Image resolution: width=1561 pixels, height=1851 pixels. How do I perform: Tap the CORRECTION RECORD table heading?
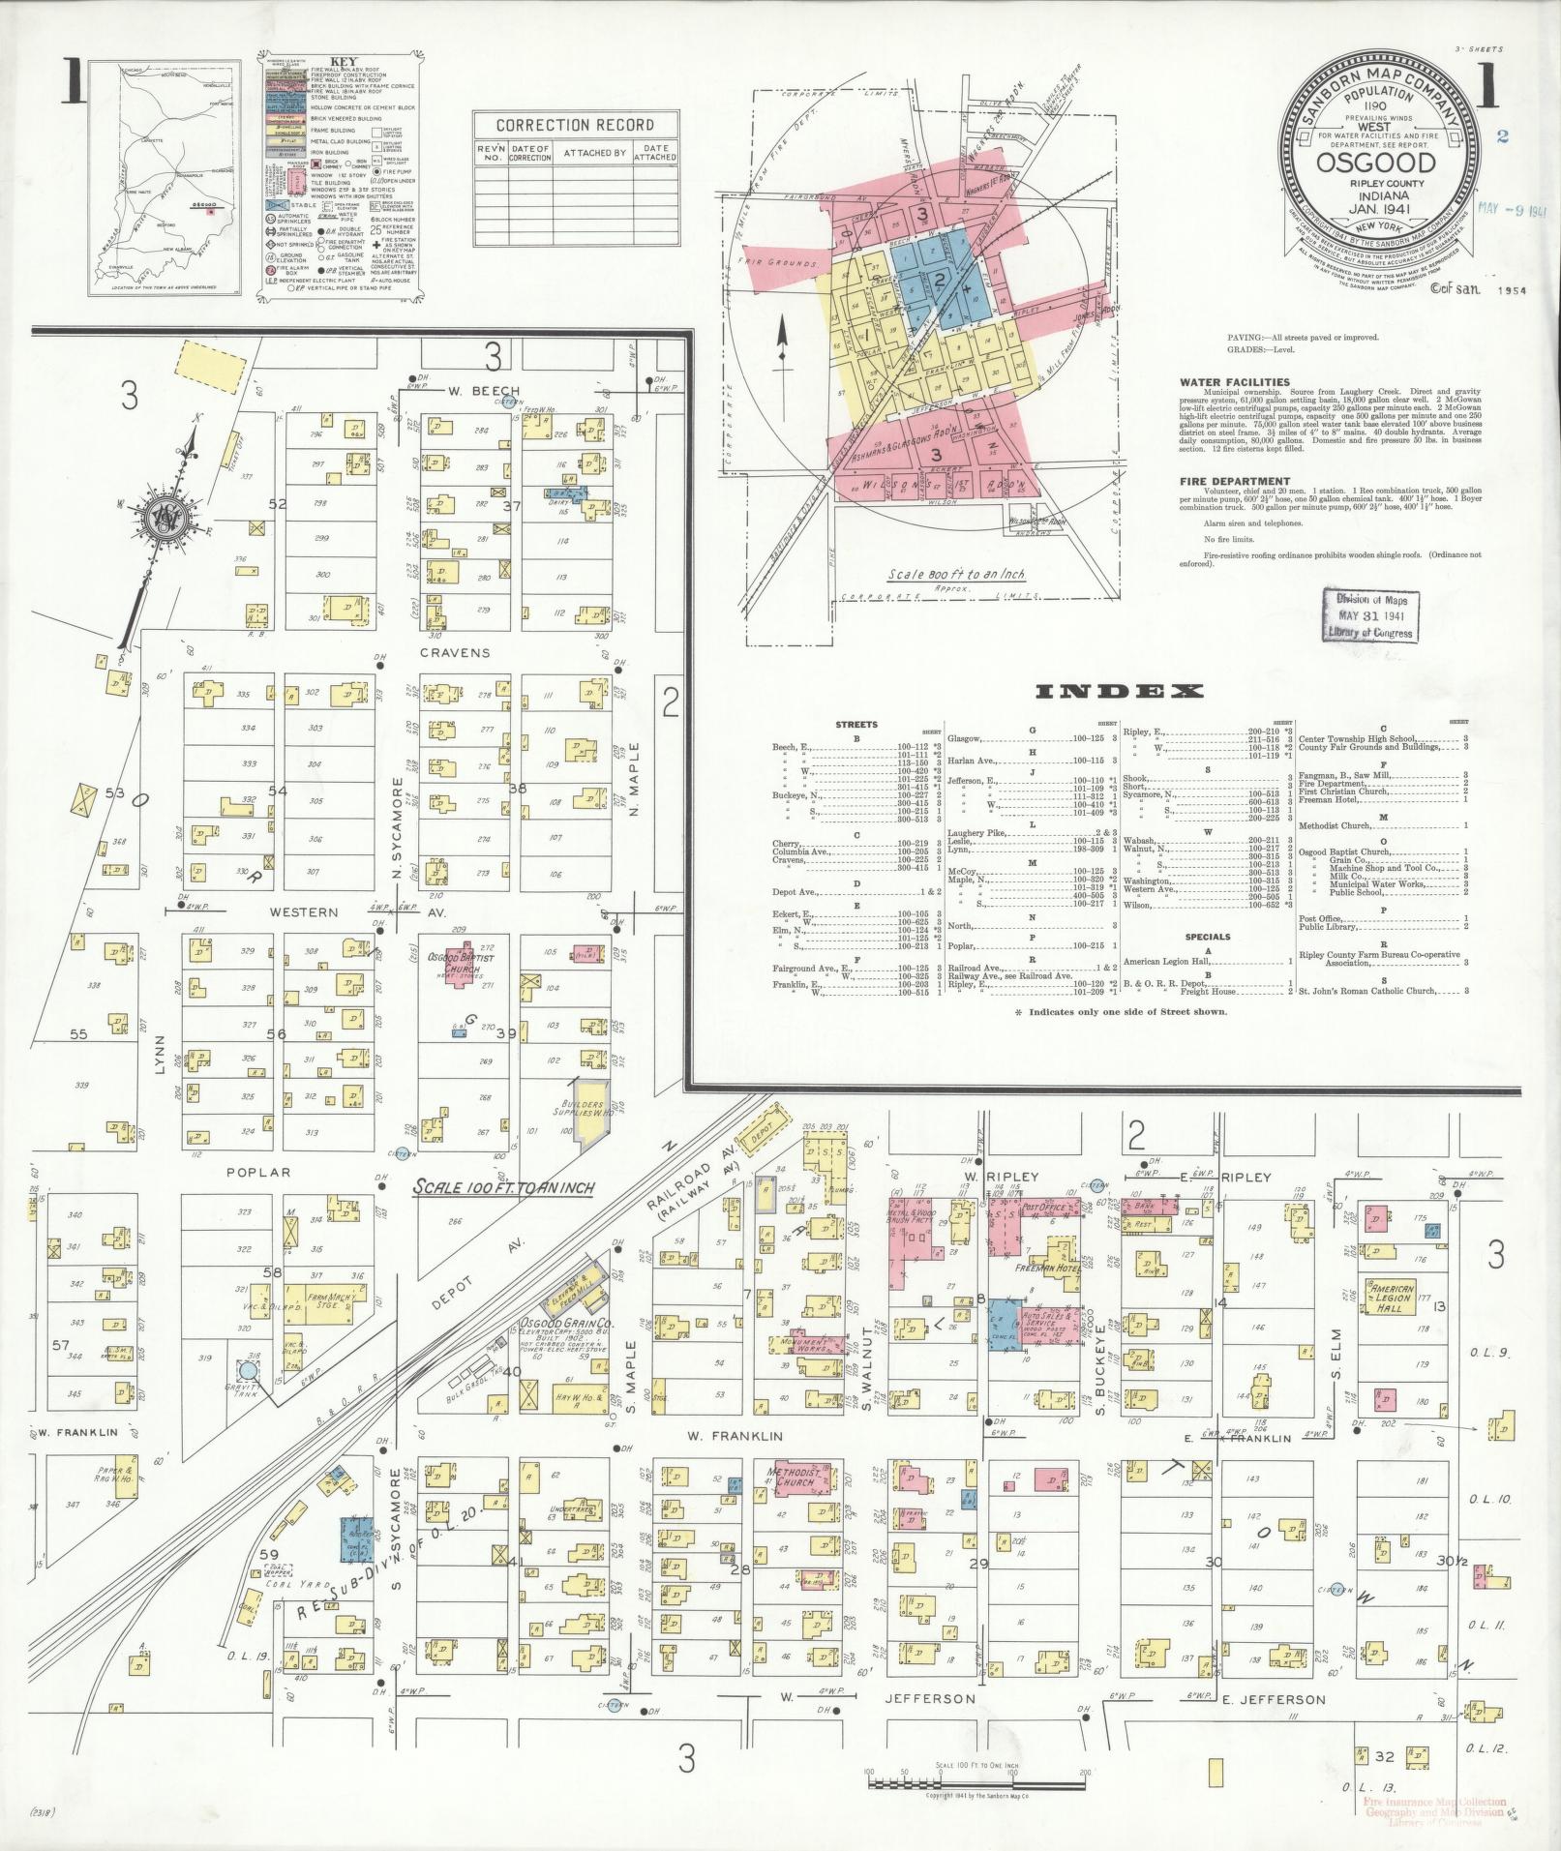coord(574,125)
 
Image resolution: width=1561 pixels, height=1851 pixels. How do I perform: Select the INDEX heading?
coord(1120,691)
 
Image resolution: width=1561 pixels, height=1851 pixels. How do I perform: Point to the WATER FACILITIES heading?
coord(1234,382)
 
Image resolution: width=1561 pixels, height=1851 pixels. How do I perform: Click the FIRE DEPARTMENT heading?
coord(1234,481)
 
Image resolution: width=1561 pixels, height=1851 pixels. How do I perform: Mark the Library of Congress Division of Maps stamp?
coord(1373,616)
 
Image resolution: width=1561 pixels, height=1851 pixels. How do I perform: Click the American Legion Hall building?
coord(1390,1299)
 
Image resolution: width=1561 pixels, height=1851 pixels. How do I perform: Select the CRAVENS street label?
coord(454,652)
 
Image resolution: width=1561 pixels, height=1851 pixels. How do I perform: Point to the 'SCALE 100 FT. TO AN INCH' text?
coord(503,1187)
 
